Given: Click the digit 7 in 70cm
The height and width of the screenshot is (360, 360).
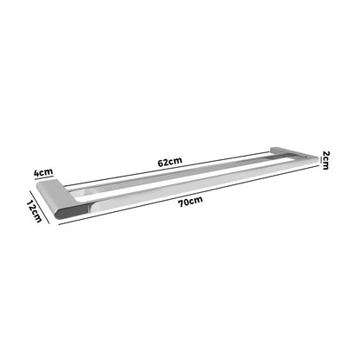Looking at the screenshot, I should tap(182, 202).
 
